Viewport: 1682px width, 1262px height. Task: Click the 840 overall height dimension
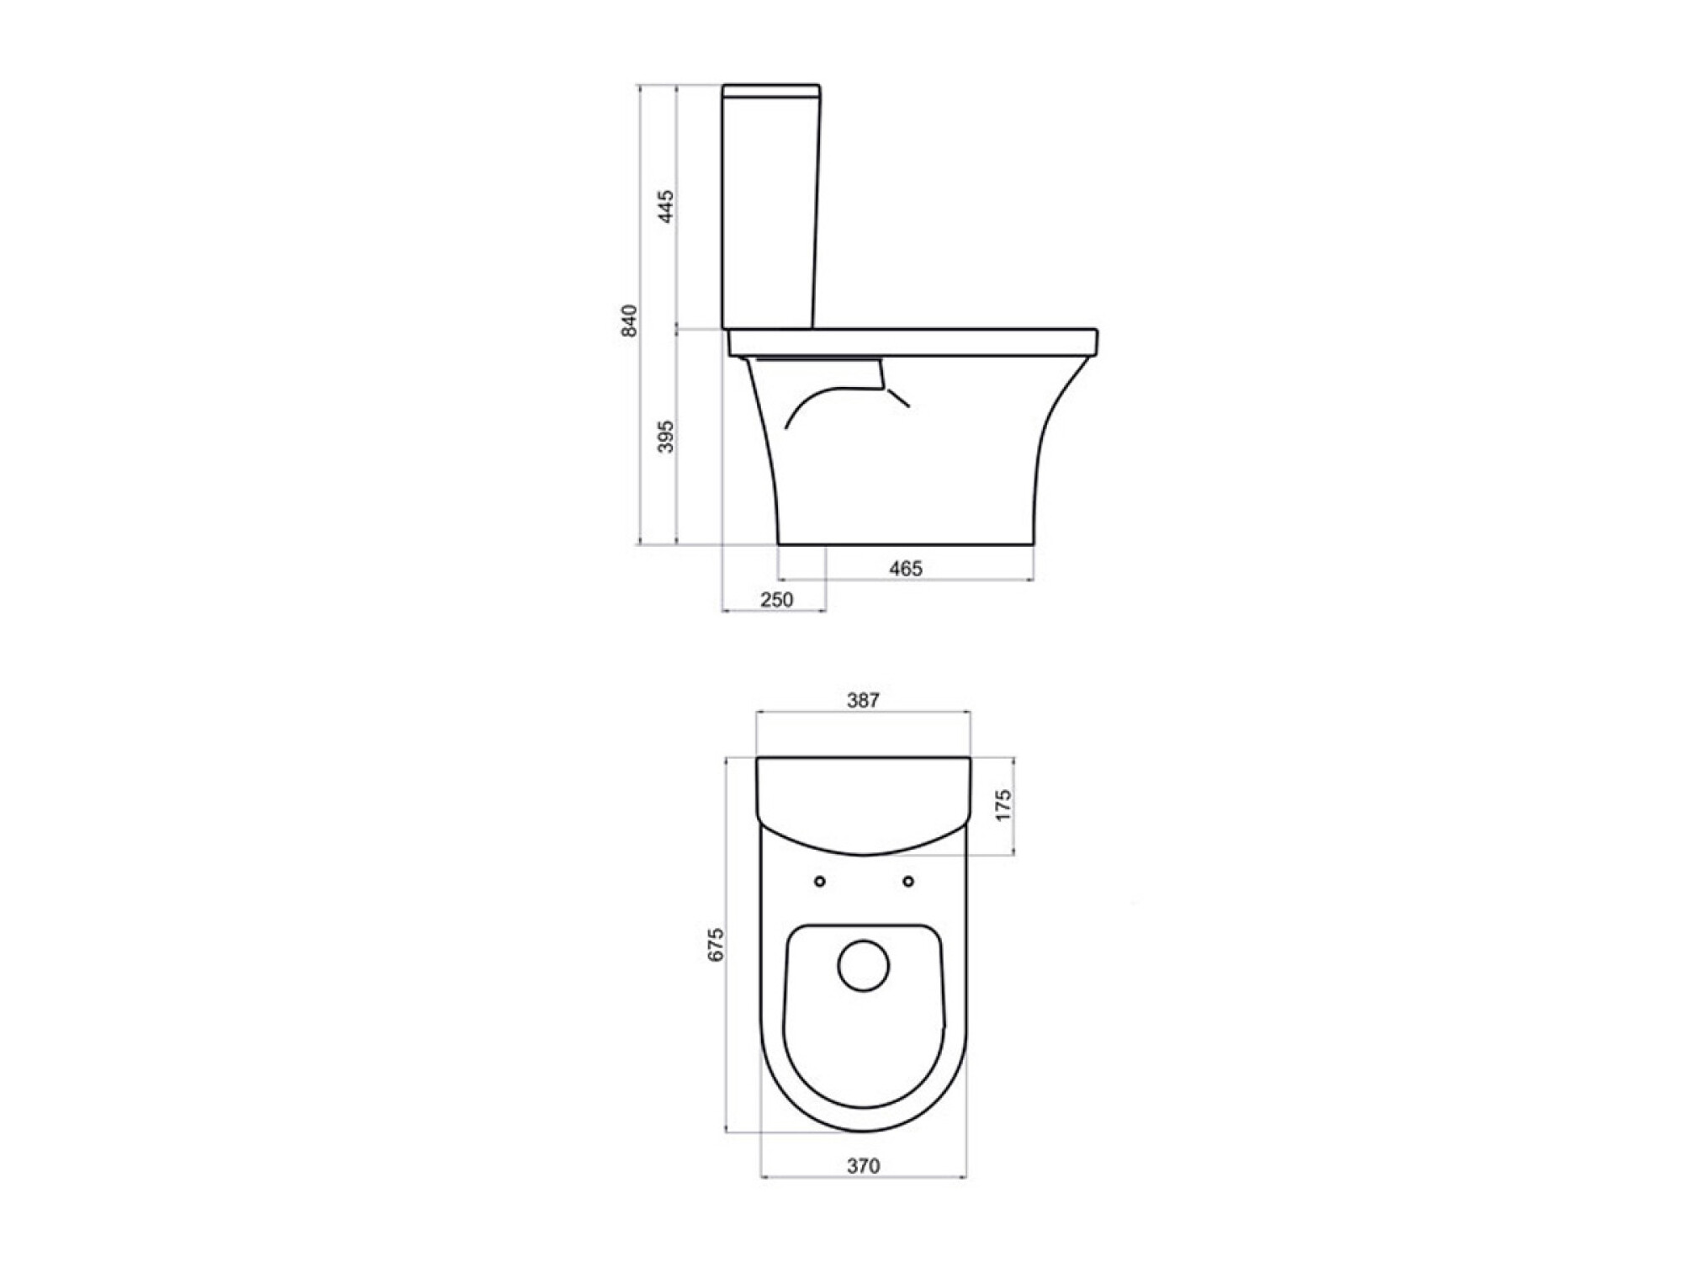[630, 321]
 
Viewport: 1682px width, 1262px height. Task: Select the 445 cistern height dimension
[666, 207]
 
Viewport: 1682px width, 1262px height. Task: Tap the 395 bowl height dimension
[666, 437]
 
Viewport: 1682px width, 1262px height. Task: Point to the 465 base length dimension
[906, 569]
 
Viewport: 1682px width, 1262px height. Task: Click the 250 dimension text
[776, 600]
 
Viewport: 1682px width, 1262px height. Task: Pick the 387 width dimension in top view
[863, 700]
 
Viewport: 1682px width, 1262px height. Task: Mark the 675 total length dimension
[715, 945]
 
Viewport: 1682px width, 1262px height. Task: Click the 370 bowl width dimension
[863, 1166]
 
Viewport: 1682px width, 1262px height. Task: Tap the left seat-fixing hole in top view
[820, 882]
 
